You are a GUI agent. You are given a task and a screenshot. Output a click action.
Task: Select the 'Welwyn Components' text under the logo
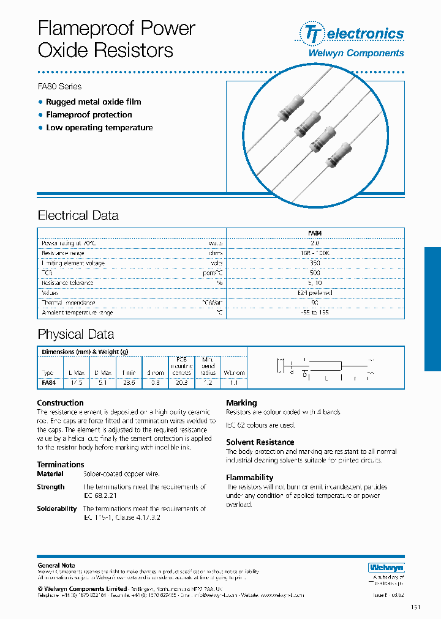355,53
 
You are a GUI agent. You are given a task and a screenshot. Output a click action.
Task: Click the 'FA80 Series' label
59,86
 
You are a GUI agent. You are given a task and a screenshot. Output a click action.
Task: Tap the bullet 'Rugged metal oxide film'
93,102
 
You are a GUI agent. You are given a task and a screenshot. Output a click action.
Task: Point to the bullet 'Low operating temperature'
99,127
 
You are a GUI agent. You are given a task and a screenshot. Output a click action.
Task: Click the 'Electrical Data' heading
78,215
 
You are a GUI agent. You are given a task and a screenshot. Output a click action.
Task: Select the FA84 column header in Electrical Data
315,233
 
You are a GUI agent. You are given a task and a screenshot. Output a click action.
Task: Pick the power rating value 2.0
315,243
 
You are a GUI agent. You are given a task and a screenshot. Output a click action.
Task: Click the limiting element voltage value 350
315,263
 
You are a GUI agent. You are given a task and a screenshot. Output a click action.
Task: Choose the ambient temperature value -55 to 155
315,313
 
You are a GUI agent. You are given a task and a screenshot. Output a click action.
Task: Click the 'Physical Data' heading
75,334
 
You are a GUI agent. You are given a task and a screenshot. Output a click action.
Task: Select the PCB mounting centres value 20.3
181,382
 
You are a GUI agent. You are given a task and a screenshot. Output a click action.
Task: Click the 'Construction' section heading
60,402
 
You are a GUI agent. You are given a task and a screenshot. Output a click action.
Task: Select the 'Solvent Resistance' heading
260,442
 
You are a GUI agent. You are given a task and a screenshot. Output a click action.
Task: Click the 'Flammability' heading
249,477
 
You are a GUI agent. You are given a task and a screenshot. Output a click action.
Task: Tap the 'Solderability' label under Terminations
56,508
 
